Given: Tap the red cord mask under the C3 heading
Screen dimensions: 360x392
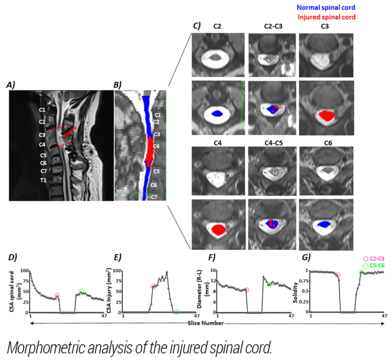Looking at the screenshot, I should (x=326, y=115).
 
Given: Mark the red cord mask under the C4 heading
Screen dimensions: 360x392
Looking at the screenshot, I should (x=218, y=229).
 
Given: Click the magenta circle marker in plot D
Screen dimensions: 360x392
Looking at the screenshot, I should (x=57, y=296).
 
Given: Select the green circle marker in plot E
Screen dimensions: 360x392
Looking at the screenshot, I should (x=176, y=311).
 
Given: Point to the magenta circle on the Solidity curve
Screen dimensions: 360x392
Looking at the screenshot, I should (x=337, y=275).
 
